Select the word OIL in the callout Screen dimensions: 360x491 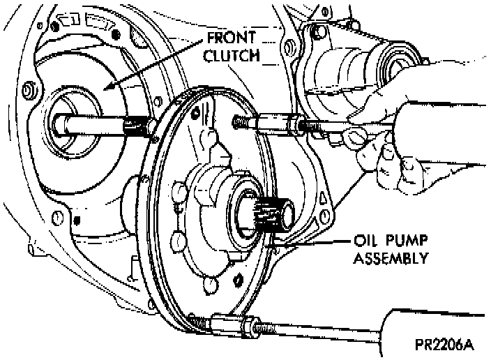coord(364,241)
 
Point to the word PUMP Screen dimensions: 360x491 coord(403,241)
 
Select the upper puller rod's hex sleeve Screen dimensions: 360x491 coord(277,126)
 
